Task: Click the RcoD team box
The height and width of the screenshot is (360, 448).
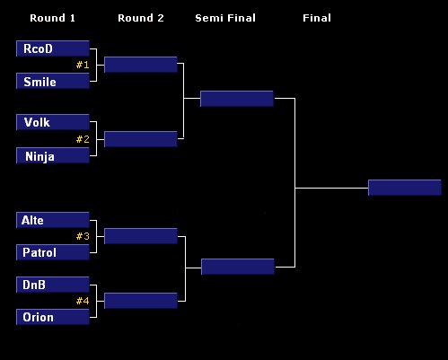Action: pos(53,48)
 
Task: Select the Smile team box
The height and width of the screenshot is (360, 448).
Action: pos(53,81)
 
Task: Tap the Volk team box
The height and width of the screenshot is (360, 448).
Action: pos(53,122)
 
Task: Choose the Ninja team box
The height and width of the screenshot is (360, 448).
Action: pos(53,155)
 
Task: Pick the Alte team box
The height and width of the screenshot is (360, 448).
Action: pos(53,220)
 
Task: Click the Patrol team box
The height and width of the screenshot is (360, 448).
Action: pos(53,252)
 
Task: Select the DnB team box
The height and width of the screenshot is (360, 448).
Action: pos(53,285)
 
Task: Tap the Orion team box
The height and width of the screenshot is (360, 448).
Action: pos(53,317)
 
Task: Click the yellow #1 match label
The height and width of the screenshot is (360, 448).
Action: pos(83,65)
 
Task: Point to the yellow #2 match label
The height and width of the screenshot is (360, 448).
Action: pos(83,139)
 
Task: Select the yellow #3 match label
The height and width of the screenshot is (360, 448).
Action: pos(83,236)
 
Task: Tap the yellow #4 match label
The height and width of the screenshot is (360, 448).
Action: pos(83,301)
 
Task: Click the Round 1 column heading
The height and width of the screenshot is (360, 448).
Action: pos(52,18)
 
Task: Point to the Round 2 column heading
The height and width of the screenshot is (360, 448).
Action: pos(141,18)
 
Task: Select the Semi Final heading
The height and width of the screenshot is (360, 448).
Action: pos(225,18)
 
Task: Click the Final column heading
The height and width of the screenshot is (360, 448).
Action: pos(317,18)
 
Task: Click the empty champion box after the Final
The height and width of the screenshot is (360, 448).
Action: pos(405,188)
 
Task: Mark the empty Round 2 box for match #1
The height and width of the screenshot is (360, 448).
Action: pos(141,65)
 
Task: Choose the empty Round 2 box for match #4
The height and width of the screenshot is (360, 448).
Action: pos(141,301)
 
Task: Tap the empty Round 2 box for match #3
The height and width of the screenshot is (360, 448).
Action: pos(141,236)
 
